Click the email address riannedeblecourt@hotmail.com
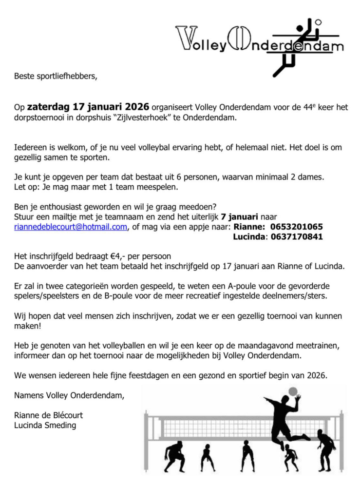[71, 227]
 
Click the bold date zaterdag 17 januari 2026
[88, 107]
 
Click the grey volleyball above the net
[293, 391]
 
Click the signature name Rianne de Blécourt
[48, 416]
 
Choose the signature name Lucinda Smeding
[45, 426]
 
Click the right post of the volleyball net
[341, 439]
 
